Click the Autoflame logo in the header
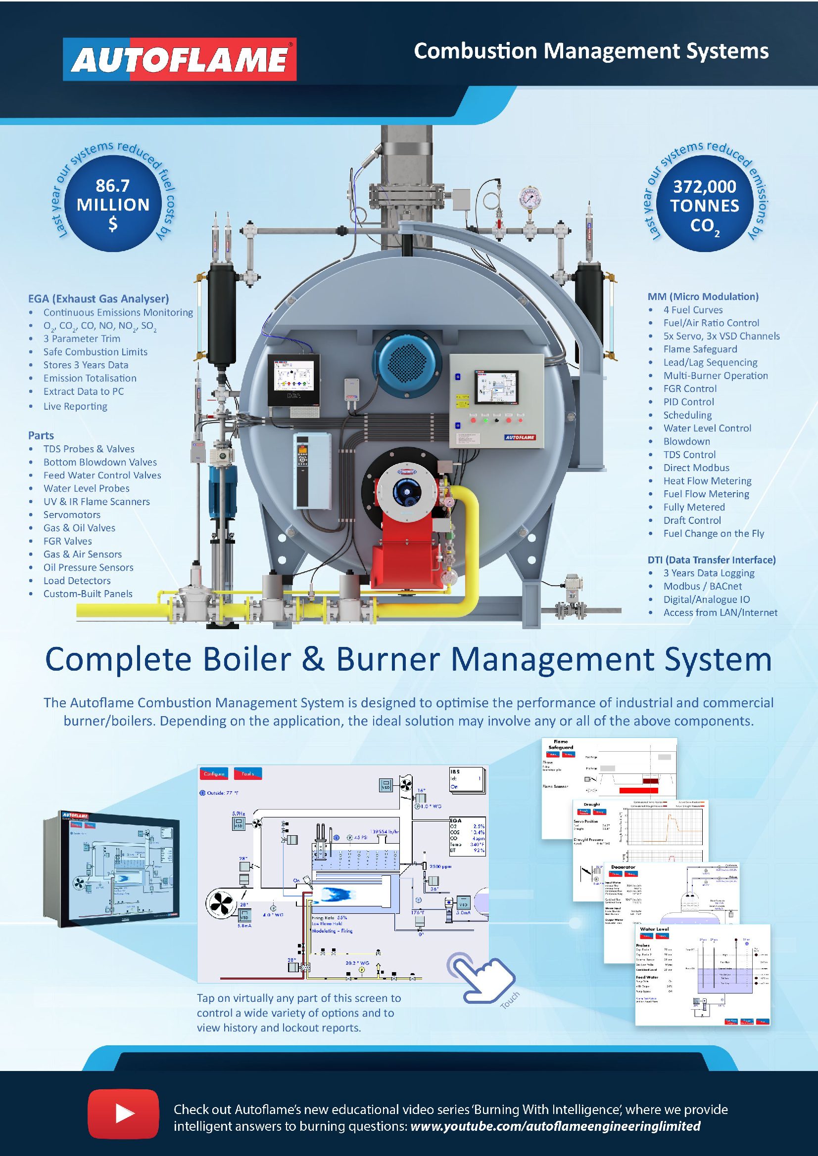tap(180, 59)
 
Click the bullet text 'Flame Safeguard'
tap(700, 349)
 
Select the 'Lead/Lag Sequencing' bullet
tap(710, 362)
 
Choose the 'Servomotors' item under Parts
tap(72, 514)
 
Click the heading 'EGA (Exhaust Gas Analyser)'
tap(98, 299)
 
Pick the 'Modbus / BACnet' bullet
tap(702, 586)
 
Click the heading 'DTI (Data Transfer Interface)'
tap(711, 560)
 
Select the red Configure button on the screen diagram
tap(214, 773)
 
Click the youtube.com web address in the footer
tap(555, 1126)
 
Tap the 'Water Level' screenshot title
tap(654, 929)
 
